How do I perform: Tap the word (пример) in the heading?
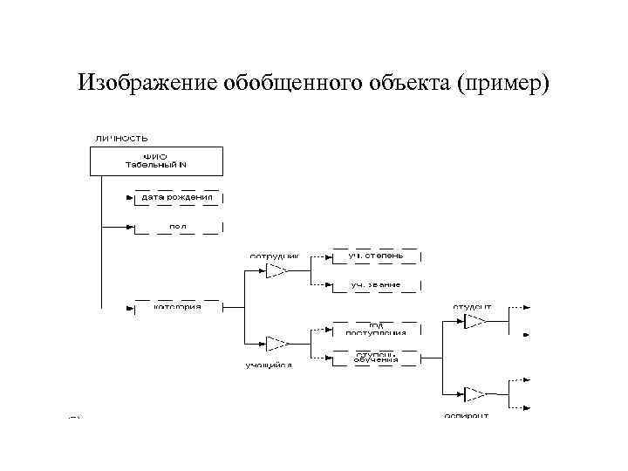point(503,84)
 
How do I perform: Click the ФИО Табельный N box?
point(157,161)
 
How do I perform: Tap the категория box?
point(178,307)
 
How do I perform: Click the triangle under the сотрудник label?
point(276,271)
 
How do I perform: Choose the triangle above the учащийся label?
point(276,341)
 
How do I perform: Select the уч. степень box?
point(376,256)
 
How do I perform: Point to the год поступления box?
point(376,329)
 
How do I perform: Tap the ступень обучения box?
point(376,357)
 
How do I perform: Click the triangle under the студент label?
point(474,322)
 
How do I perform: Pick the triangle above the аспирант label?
point(474,393)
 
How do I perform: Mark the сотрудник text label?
point(274,256)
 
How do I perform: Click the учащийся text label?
point(268,365)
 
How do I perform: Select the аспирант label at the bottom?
point(466,416)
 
